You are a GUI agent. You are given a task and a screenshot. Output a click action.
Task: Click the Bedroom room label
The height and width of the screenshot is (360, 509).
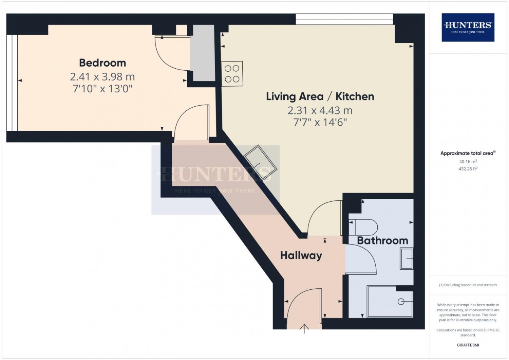click(x=102, y=63)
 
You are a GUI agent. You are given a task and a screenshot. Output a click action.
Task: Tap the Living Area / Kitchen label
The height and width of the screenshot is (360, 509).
click(x=320, y=97)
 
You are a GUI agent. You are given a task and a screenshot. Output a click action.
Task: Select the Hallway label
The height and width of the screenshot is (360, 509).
click(x=301, y=256)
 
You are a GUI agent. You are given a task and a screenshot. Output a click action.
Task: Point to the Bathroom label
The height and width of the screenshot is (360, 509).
click(x=383, y=240)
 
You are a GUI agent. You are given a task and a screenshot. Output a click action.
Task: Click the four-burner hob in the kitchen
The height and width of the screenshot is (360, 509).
click(x=232, y=74)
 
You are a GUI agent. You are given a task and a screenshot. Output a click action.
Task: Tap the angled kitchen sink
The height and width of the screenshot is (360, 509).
click(x=261, y=163)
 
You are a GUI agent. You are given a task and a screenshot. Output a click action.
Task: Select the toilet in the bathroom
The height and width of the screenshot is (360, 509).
click(x=363, y=227)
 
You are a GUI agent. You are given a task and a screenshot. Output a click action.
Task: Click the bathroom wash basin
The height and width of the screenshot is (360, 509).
click(x=407, y=258)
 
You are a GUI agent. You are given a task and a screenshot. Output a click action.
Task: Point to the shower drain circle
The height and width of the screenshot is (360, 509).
click(x=401, y=302)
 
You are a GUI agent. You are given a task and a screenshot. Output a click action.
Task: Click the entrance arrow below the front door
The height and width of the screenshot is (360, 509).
click(x=304, y=329)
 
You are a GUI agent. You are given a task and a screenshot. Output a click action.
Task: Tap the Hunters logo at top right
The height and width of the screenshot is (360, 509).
click(x=468, y=27)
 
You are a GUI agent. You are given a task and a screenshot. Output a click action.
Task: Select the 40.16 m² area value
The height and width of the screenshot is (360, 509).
click(x=468, y=161)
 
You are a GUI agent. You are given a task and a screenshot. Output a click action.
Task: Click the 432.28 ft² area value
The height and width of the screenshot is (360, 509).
click(x=468, y=169)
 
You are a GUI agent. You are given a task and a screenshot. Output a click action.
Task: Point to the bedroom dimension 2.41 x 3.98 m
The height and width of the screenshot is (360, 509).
click(x=102, y=77)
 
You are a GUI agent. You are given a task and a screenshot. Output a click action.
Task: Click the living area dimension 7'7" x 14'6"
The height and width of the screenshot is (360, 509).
click(x=320, y=123)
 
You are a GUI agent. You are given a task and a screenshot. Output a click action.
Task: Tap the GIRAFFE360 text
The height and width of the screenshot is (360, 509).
click(x=468, y=345)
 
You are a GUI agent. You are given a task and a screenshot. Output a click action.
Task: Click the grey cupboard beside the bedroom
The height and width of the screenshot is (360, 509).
click(x=203, y=53)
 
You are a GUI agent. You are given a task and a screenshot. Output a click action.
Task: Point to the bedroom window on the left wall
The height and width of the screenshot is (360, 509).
click(x=12, y=83)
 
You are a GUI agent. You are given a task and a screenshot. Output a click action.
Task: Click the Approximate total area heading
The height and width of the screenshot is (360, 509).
click(x=468, y=153)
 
